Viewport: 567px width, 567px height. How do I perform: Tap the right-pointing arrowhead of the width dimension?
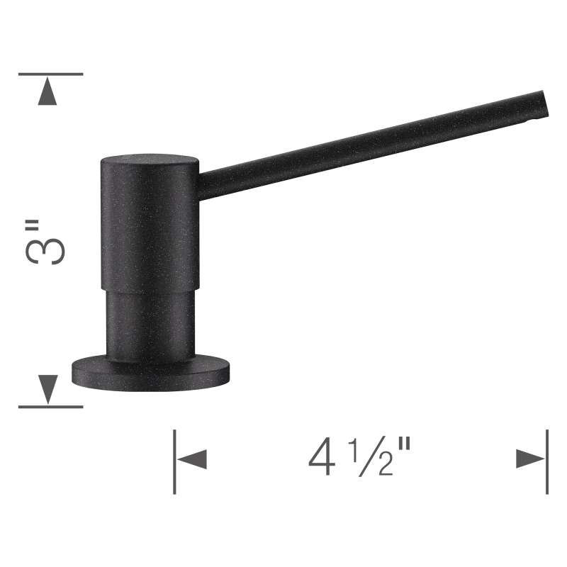click(530, 459)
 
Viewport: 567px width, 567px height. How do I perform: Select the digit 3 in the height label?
click(45, 251)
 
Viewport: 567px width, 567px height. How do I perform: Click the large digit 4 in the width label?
click(322, 456)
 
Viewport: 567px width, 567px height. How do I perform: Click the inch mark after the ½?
click(404, 444)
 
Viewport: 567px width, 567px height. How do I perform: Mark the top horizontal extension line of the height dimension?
click(50, 74)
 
